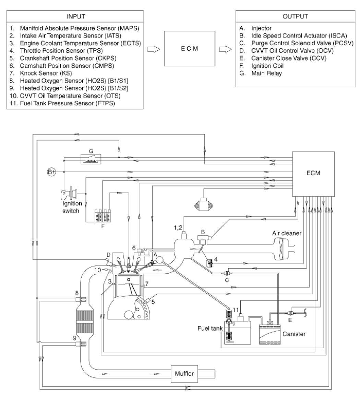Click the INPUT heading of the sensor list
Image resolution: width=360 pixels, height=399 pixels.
[76, 16]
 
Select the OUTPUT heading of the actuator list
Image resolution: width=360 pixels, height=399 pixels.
[295, 16]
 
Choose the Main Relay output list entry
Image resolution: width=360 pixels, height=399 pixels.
[266, 73]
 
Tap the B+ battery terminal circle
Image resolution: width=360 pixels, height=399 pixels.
[51, 172]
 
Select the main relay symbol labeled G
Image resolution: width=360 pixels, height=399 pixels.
[91, 158]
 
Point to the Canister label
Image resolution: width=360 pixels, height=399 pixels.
[294, 333]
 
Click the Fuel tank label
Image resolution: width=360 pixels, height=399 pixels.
[210, 328]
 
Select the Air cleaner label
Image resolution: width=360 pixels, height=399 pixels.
[287, 233]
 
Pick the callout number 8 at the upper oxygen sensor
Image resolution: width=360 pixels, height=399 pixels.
[77, 292]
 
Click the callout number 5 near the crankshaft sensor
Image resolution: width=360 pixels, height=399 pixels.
[153, 302]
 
